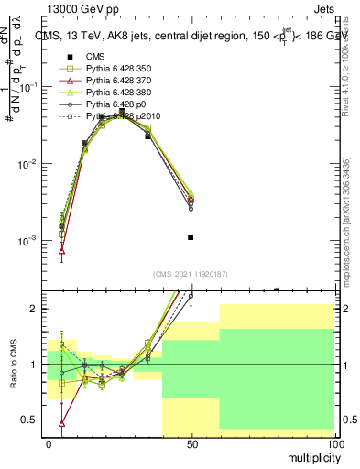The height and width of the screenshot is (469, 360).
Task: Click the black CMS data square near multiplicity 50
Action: (191, 237)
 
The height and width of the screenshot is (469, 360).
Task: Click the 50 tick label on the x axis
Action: (191, 443)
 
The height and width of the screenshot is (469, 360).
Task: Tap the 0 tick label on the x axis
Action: (49, 443)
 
